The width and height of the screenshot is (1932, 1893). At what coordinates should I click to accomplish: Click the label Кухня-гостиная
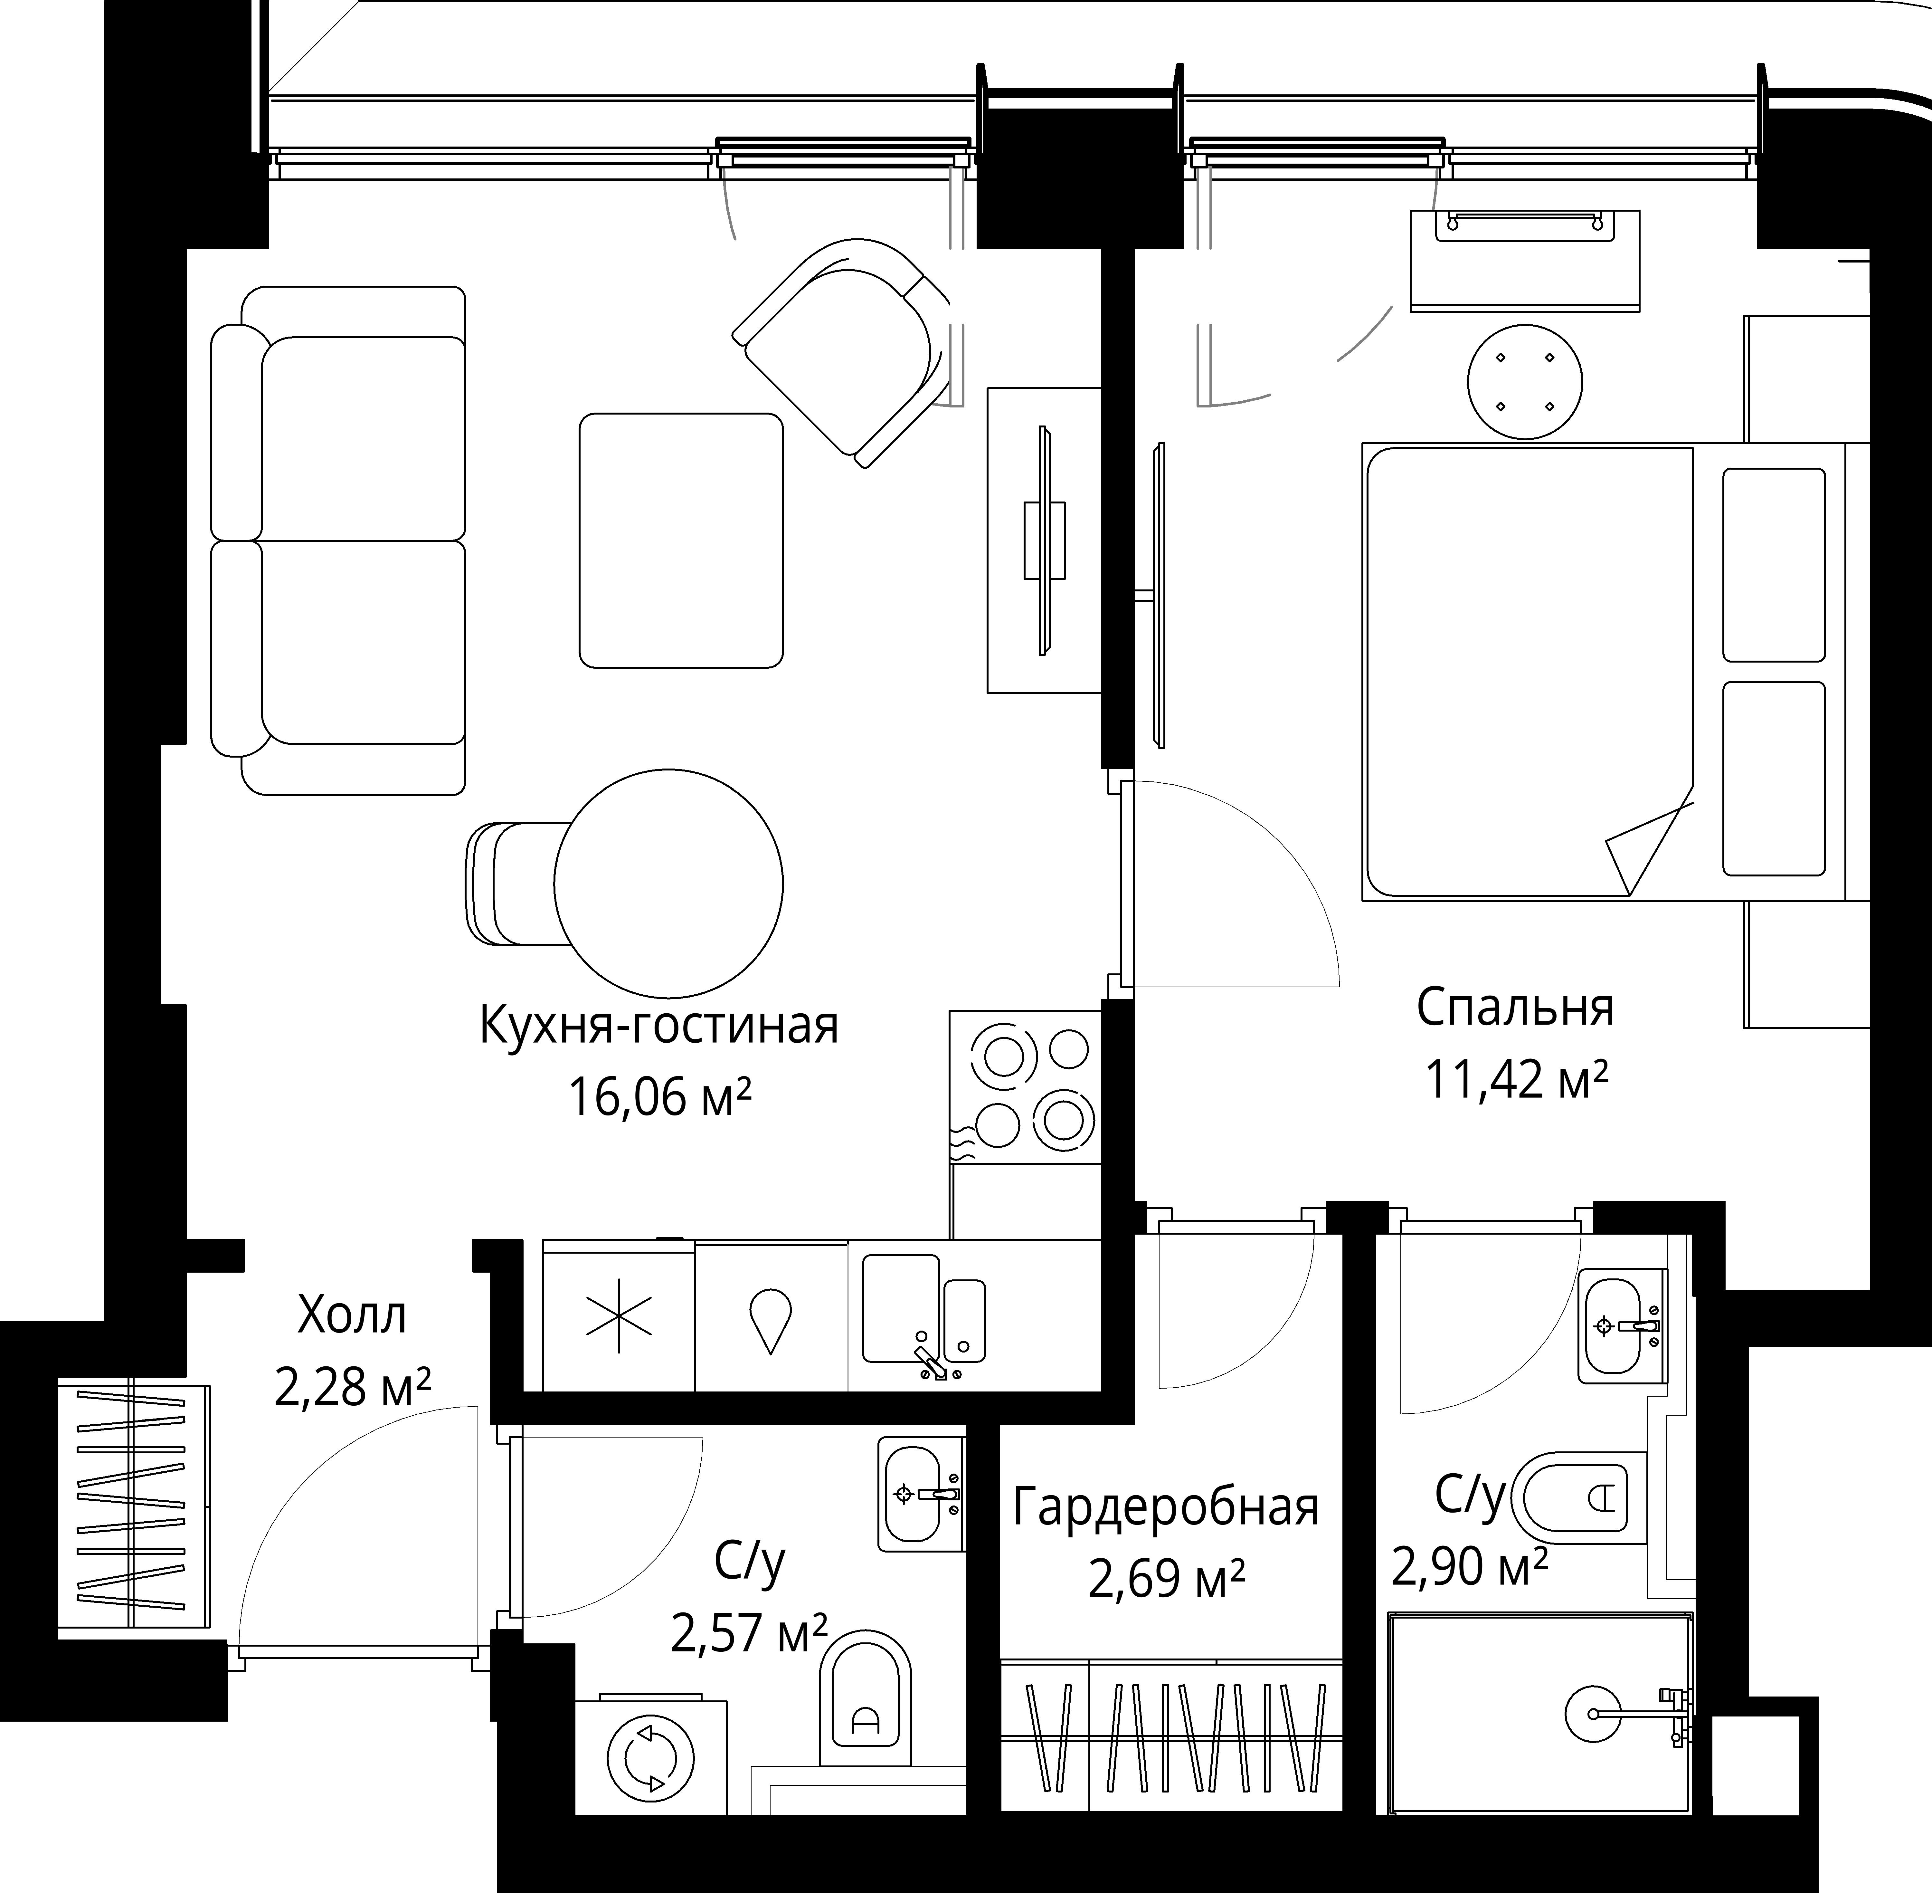tap(659, 1026)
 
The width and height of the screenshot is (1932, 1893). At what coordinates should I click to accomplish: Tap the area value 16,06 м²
tap(659, 1099)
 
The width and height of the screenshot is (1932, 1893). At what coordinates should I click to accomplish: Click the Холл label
tap(352, 1316)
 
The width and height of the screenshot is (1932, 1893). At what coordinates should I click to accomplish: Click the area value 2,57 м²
tap(749, 1632)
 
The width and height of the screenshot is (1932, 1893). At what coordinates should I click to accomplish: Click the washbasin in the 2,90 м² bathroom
tap(1622, 1325)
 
